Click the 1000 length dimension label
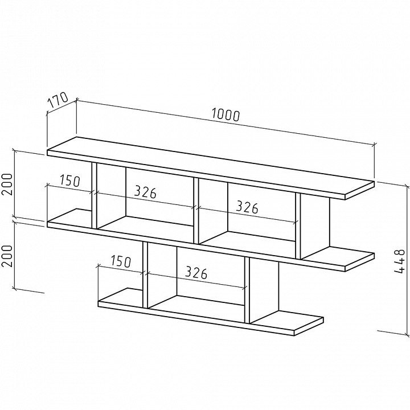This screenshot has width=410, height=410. coord(225,115)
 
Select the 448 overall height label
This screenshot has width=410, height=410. coord(399,261)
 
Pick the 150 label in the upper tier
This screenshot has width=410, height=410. coord(70,180)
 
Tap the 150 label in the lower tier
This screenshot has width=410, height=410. coord(121,261)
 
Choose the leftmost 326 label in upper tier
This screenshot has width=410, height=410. coord(145,192)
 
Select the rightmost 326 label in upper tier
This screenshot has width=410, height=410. coord(247,207)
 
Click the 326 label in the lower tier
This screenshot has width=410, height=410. coord(196,273)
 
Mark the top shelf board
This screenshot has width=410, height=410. coord(211,167)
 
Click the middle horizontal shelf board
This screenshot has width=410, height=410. coord(211,240)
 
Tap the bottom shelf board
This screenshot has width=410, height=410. coord(211,311)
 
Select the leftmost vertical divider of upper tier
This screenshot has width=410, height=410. coord(95,195)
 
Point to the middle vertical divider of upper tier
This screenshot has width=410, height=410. coord(196,211)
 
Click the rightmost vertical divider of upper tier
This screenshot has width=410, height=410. coord(298,225)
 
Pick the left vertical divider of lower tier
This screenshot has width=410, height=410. coord(145,275)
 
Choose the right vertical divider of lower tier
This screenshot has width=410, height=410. coord(247,290)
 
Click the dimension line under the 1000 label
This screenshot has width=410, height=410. coord(226,122)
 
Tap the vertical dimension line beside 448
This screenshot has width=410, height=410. coord(407,260)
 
